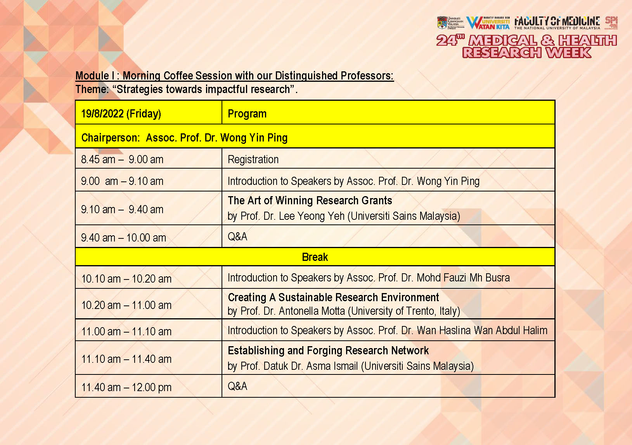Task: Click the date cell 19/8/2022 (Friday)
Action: tap(121, 114)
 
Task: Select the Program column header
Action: tap(247, 114)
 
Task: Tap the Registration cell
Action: tap(253, 159)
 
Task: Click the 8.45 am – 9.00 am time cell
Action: tap(122, 159)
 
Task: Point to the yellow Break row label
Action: tap(315, 257)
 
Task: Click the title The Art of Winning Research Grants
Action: tap(310, 200)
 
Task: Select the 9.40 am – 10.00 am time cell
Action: tap(123, 238)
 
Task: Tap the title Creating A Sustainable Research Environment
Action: tap(333, 297)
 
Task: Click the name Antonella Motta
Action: tap(312, 311)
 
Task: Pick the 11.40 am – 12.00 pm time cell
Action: tap(126, 387)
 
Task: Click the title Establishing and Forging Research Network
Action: tap(328, 350)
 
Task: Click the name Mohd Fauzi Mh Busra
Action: tap(463, 278)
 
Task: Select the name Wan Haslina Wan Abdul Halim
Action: tap(482, 330)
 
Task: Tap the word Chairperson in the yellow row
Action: tap(110, 138)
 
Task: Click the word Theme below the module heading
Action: tap(92, 89)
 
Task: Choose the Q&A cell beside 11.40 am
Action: tap(237, 386)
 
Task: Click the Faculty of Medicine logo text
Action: tap(557, 22)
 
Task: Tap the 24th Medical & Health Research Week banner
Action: tap(526, 46)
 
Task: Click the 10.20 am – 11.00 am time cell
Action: tap(126, 305)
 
